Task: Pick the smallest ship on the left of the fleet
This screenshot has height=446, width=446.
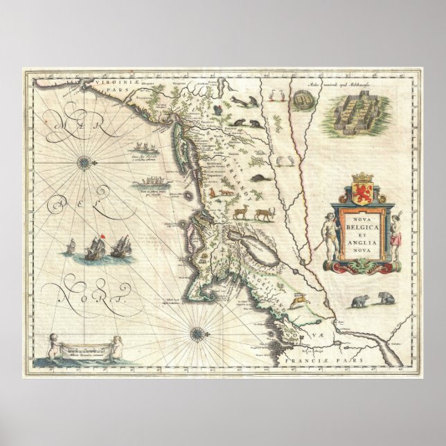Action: point(73,246)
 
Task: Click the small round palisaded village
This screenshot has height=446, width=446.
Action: point(300,101)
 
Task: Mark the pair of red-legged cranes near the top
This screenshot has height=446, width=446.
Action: point(283,161)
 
